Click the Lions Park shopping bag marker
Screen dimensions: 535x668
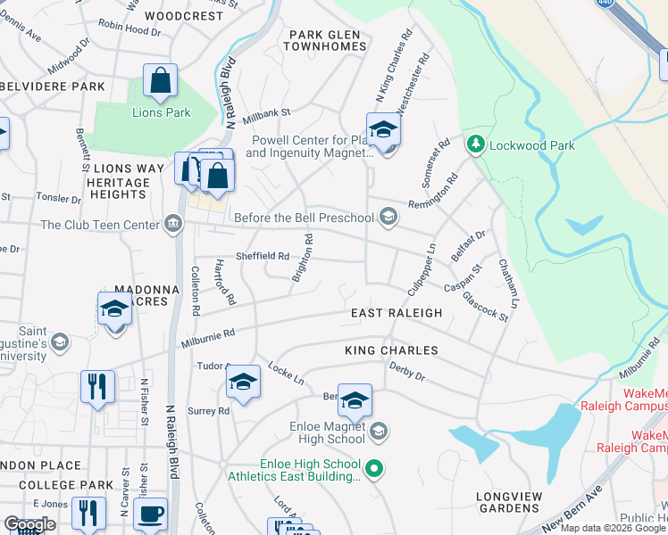pos(160,80)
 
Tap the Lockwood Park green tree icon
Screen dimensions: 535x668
pos(476,144)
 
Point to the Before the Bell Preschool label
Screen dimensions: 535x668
pos(303,218)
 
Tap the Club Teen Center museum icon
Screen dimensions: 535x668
pos(171,225)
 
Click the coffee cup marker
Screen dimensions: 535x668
pos(150,514)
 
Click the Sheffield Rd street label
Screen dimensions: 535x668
pos(262,256)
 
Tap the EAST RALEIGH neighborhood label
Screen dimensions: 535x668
pos(397,313)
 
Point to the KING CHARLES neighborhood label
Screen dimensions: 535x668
pos(391,351)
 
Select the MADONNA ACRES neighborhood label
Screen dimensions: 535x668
pos(141,295)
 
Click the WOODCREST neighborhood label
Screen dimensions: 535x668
pos(183,16)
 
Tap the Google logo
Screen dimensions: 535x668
pos(29,524)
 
